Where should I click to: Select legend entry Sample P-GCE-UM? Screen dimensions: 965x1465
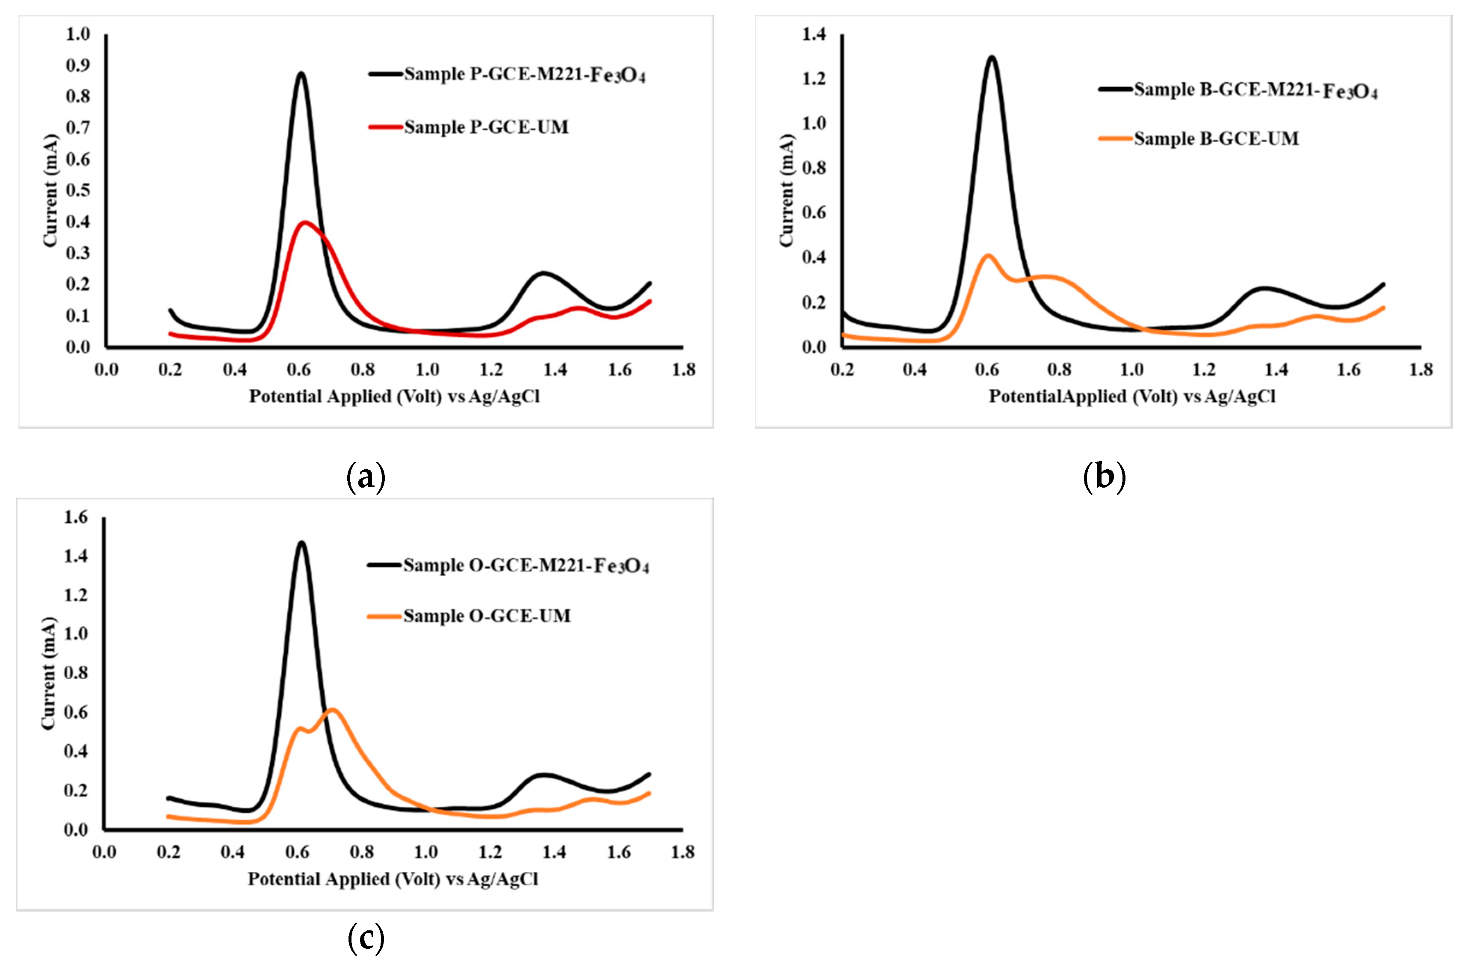[x=486, y=127]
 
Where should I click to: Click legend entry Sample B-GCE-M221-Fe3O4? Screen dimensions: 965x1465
[x=1255, y=91]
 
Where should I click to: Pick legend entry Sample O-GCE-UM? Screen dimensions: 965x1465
[x=486, y=616]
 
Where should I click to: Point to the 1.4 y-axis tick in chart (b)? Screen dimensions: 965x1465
[x=814, y=35]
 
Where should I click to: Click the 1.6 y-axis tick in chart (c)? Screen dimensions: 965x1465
[x=76, y=517]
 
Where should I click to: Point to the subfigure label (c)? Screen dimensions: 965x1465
[x=366, y=938]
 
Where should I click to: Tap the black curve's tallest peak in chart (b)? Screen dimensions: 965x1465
[x=992, y=58]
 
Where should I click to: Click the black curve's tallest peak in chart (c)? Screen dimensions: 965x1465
[x=301, y=542]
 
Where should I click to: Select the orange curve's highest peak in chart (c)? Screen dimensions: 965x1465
[x=332, y=710]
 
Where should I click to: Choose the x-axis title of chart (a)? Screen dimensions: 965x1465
[x=394, y=397]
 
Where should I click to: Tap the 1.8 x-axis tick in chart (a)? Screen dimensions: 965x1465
[x=683, y=370]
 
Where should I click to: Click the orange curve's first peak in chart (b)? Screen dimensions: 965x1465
[x=988, y=255]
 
